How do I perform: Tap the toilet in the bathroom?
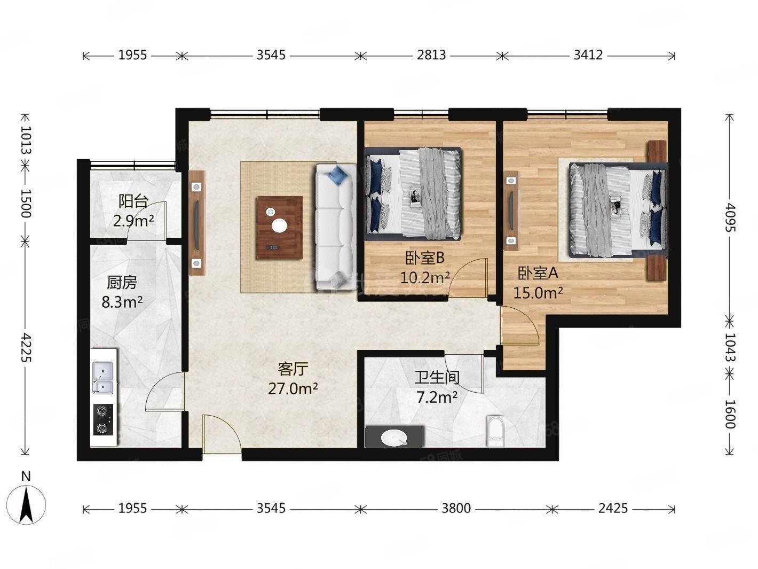pyautogui.click(x=496, y=432)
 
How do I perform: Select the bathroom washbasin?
pyautogui.click(x=394, y=437)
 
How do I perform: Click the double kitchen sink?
pyautogui.click(x=102, y=377)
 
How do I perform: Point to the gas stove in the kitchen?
pyautogui.click(x=103, y=419)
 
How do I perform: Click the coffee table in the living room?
pyautogui.click(x=279, y=228)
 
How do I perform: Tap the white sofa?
pyautogui.click(x=335, y=227)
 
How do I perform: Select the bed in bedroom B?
pyautogui.click(x=413, y=193)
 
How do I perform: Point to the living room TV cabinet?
pyautogui.click(x=196, y=223)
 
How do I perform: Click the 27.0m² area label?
pyautogui.click(x=293, y=388)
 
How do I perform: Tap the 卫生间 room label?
pyautogui.click(x=437, y=378)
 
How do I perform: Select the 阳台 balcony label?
pyautogui.click(x=133, y=202)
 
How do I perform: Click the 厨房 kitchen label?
pyautogui.click(x=122, y=282)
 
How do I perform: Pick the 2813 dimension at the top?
pyautogui.click(x=431, y=55)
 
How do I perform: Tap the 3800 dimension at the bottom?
pyautogui.click(x=456, y=508)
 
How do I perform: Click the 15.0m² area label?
pyautogui.click(x=538, y=292)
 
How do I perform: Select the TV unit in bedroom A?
pyautogui.click(x=512, y=211)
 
